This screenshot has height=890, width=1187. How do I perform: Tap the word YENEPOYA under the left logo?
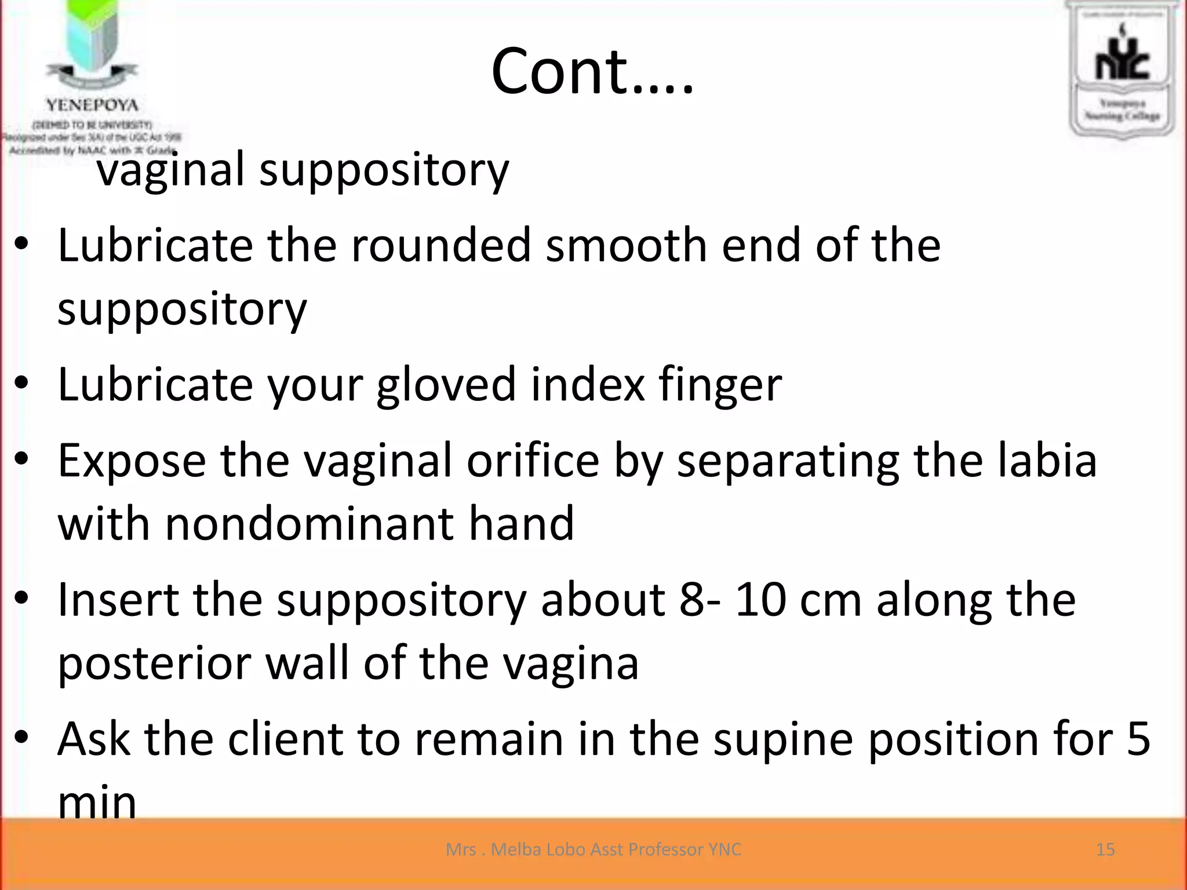click(x=92, y=105)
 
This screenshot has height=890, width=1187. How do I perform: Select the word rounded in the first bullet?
click(x=440, y=246)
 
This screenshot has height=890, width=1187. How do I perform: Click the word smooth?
click(x=626, y=246)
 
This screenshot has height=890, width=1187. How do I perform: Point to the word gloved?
click(x=446, y=386)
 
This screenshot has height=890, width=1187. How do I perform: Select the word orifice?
click(x=532, y=461)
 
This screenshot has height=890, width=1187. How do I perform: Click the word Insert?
click(x=118, y=600)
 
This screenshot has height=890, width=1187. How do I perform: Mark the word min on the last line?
click(x=97, y=803)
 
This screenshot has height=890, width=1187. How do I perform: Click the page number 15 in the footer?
click(x=1105, y=849)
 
